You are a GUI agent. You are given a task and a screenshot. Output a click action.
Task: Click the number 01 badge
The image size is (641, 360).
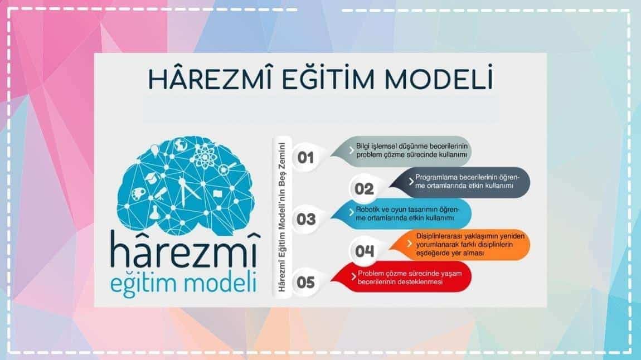point(305,158)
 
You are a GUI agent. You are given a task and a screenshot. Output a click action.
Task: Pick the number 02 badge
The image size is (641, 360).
point(364,189)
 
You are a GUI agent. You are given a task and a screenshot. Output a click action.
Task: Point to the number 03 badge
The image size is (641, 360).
point(306,220)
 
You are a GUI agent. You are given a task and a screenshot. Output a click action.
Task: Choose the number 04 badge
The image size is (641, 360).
point(364,251)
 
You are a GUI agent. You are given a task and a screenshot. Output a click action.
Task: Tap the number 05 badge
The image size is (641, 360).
point(306,283)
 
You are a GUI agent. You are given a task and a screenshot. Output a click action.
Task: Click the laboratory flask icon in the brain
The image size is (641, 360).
point(154,212)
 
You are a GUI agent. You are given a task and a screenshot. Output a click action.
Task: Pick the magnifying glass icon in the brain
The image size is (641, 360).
point(226,168)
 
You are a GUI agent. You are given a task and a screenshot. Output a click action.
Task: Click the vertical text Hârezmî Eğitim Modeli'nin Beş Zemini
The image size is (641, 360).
point(281,217)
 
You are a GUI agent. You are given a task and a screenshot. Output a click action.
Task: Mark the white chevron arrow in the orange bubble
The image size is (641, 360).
point(410,244)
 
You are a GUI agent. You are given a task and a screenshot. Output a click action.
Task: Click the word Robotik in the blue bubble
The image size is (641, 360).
point(367,209)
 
